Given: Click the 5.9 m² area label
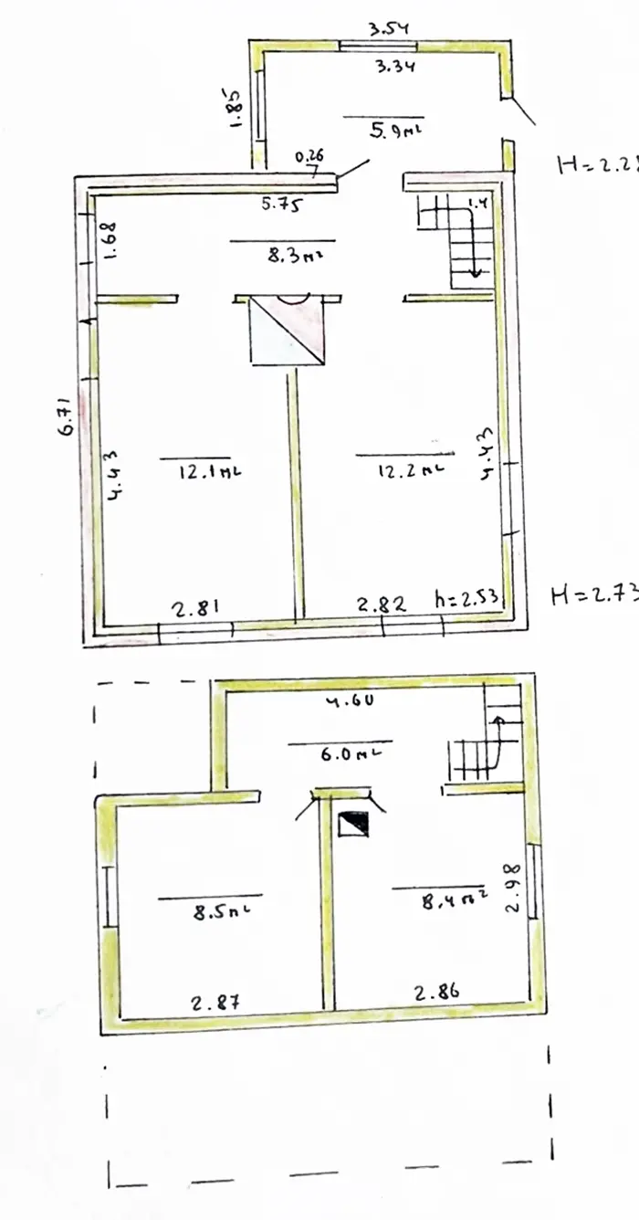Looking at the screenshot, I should (x=396, y=130).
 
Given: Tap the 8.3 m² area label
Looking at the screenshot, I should (x=292, y=257).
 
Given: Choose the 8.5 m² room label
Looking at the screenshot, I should (x=221, y=911).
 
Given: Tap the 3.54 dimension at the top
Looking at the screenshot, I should (x=388, y=29).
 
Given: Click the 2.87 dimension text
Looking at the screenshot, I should (x=216, y=1002).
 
